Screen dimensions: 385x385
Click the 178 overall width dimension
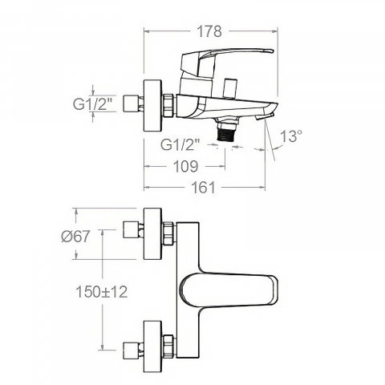(x=209, y=31)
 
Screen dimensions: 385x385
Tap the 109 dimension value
(x=186, y=166)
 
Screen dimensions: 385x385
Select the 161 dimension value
(x=203, y=187)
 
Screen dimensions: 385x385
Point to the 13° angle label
(x=291, y=136)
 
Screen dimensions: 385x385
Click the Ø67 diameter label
(x=76, y=237)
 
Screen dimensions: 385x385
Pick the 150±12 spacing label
(x=102, y=291)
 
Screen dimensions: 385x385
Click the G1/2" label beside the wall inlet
(x=92, y=103)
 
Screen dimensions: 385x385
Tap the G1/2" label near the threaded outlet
(x=180, y=144)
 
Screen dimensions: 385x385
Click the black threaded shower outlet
(x=228, y=131)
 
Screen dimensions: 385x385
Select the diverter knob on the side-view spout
(x=231, y=88)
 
